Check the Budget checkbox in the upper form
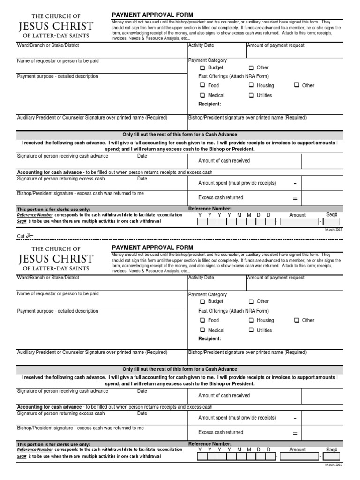tap(202, 68)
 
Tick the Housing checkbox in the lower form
tap(251, 320)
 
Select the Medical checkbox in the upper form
tap(202, 95)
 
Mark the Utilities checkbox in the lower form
tap(251, 330)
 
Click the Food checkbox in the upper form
tap(202, 85)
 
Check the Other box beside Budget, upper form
tap(251, 68)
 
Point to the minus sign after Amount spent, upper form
tap(295, 183)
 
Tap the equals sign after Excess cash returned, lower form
tap(295, 433)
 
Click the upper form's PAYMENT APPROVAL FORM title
tap(152, 15)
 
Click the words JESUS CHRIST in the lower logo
tap(56, 259)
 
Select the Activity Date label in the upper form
tap(201, 45)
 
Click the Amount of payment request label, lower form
tap(276, 278)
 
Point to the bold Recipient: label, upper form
tap(210, 104)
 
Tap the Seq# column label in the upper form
tap(331, 214)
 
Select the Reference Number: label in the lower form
tap(210, 443)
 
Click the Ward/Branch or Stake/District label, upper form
tap(48, 45)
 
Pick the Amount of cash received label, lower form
tap(224, 396)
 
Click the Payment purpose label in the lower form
tap(58, 311)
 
